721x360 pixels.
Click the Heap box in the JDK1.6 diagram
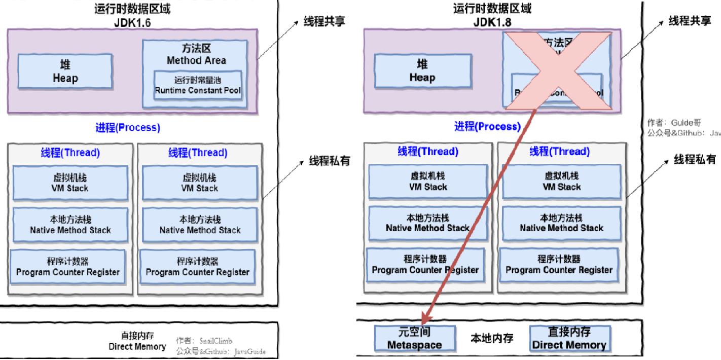coord(65,71)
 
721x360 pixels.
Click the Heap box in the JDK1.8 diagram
coord(422,71)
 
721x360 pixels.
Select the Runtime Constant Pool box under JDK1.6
coord(198,85)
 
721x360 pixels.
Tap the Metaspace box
coord(414,339)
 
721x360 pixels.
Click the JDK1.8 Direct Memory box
coord(569,339)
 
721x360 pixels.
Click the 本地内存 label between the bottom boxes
coord(491,338)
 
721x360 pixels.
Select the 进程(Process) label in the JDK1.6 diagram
coord(128,127)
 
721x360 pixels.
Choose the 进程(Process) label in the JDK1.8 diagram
coord(487,126)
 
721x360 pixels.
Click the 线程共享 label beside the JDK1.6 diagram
coord(324,23)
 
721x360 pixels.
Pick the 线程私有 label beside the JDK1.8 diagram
coord(695,160)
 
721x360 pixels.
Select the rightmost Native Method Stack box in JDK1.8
coord(561,223)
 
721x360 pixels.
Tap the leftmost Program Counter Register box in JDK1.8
coord(425,265)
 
